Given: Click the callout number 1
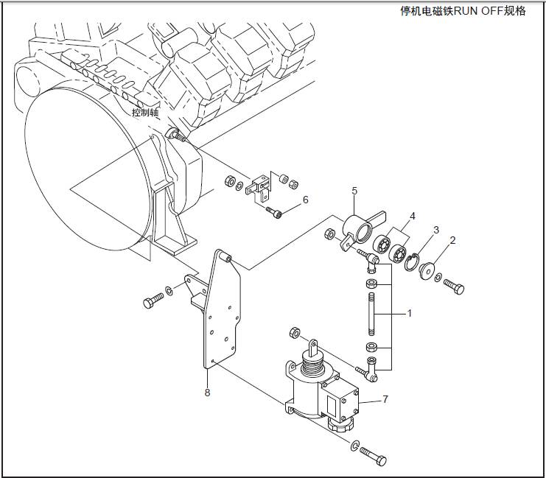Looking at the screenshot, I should tap(410, 313).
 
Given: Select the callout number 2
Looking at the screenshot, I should tap(452, 240).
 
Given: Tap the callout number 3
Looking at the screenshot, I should tap(435, 230).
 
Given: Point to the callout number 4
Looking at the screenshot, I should tap(413, 216).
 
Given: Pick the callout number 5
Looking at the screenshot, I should tap(354, 191).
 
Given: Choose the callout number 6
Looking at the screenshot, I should tap(305, 199).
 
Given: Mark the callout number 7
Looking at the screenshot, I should tap(384, 399).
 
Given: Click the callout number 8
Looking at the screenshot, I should tap(207, 393).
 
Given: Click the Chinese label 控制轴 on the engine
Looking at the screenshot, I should tap(145, 113).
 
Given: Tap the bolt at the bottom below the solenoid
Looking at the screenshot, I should tap(374, 454).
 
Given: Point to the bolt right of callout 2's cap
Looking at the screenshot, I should tap(455, 285).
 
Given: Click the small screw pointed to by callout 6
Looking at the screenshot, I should tap(273, 213).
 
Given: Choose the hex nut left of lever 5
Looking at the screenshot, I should tap(329, 235).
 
